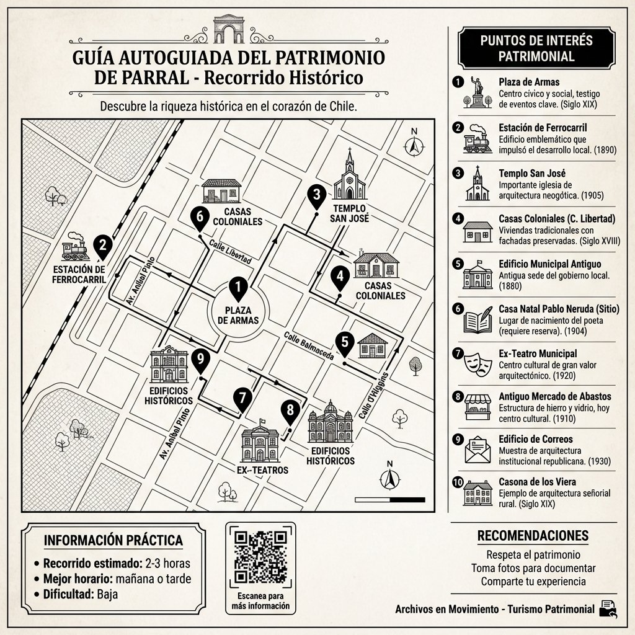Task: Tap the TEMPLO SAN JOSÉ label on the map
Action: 350,213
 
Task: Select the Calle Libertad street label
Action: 230,251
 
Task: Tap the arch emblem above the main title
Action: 228,29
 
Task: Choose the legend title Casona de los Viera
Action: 537,482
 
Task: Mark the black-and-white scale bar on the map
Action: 389,499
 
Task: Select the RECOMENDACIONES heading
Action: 533,536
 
